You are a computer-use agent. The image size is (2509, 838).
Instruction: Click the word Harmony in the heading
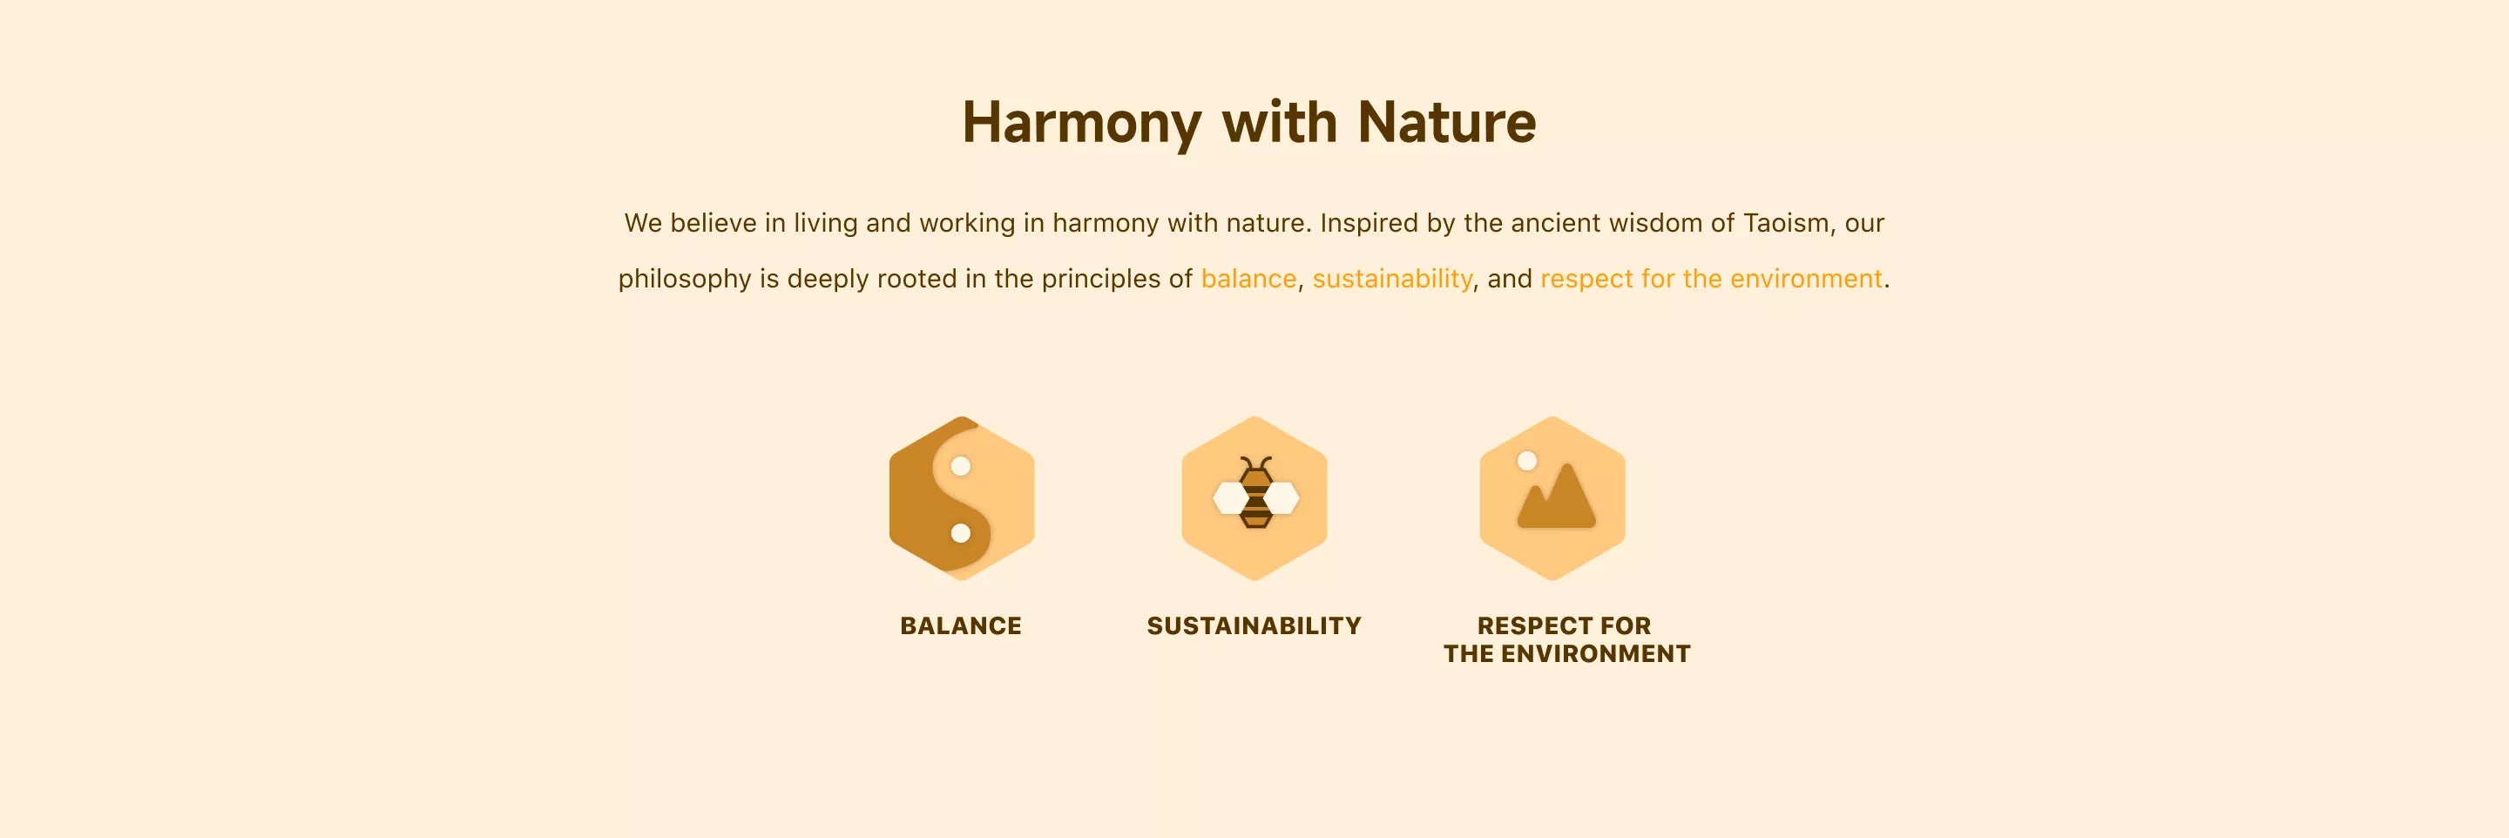[x=1082, y=124]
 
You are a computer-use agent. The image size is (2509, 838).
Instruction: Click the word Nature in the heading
[x=1446, y=123]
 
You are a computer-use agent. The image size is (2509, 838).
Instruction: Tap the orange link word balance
[x=1248, y=279]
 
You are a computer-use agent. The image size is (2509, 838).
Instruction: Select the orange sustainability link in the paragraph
[x=1393, y=279]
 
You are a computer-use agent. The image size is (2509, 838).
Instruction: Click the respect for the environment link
[x=1711, y=279]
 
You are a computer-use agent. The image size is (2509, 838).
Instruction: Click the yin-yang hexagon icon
[x=961, y=499]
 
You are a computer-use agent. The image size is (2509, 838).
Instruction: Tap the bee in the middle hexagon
[x=1255, y=493]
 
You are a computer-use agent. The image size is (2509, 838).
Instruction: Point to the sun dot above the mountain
[x=1527, y=461]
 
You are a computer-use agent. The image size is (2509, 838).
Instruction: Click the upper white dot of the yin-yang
[x=960, y=466]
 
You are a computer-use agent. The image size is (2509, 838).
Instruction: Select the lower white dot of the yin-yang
[x=960, y=533]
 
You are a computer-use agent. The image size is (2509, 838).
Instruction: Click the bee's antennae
[x=1255, y=463]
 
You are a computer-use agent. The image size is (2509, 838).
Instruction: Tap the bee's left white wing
[x=1229, y=499]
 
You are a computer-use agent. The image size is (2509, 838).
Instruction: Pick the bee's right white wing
[x=1282, y=499]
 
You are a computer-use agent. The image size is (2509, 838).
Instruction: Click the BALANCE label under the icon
[x=960, y=626]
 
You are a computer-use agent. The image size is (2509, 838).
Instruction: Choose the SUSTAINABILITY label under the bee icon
[x=1254, y=626]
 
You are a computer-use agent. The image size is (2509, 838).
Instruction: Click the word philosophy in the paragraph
[x=685, y=280]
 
